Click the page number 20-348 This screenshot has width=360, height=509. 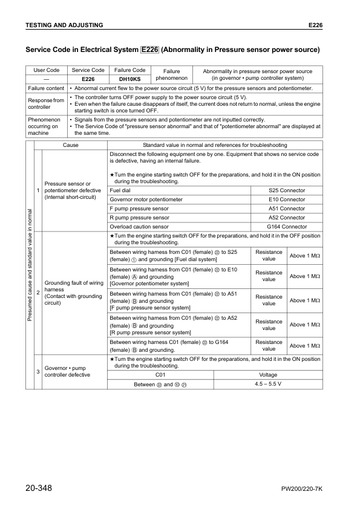[42, 487]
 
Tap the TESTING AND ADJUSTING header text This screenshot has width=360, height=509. [64, 25]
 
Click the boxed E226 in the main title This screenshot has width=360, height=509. [149, 49]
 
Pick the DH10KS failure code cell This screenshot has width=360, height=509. [129, 79]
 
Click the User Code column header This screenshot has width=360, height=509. [46, 70]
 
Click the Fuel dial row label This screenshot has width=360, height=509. [120, 190]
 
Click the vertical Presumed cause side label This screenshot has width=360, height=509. [30, 266]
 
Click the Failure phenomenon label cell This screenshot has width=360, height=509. [172, 74]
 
